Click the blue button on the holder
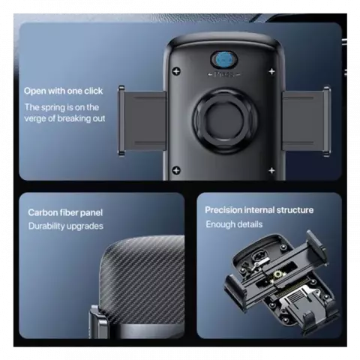tap(221, 60)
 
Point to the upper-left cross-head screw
tap(177, 73)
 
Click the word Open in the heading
tap(35, 91)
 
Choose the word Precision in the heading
tap(224, 210)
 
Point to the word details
tap(248, 224)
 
